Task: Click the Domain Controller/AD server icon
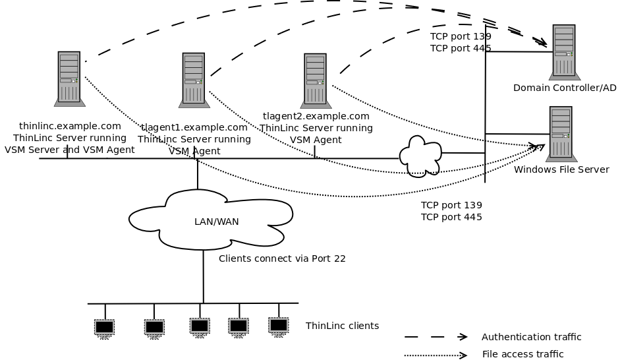(x=564, y=52)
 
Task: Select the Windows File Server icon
(x=561, y=134)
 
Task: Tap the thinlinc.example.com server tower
(x=69, y=78)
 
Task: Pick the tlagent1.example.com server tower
(x=194, y=80)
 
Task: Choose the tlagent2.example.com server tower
(x=316, y=80)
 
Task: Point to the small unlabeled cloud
(x=420, y=156)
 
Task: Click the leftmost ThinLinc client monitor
(x=104, y=327)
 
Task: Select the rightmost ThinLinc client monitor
(x=279, y=325)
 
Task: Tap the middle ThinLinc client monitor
(x=200, y=326)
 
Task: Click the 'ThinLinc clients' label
(x=342, y=326)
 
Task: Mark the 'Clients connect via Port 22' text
(x=282, y=258)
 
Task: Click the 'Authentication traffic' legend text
(x=531, y=337)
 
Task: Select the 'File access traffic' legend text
(x=523, y=354)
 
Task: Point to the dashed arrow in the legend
(x=436, y=337)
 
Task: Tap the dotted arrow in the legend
(x=436, y=355)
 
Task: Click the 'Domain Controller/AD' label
(x=564, y=88)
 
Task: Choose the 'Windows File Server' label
(x=561, y=169)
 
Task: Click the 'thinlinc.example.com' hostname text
(x=70, y=126)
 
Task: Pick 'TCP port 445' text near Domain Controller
(x=461, y=48)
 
